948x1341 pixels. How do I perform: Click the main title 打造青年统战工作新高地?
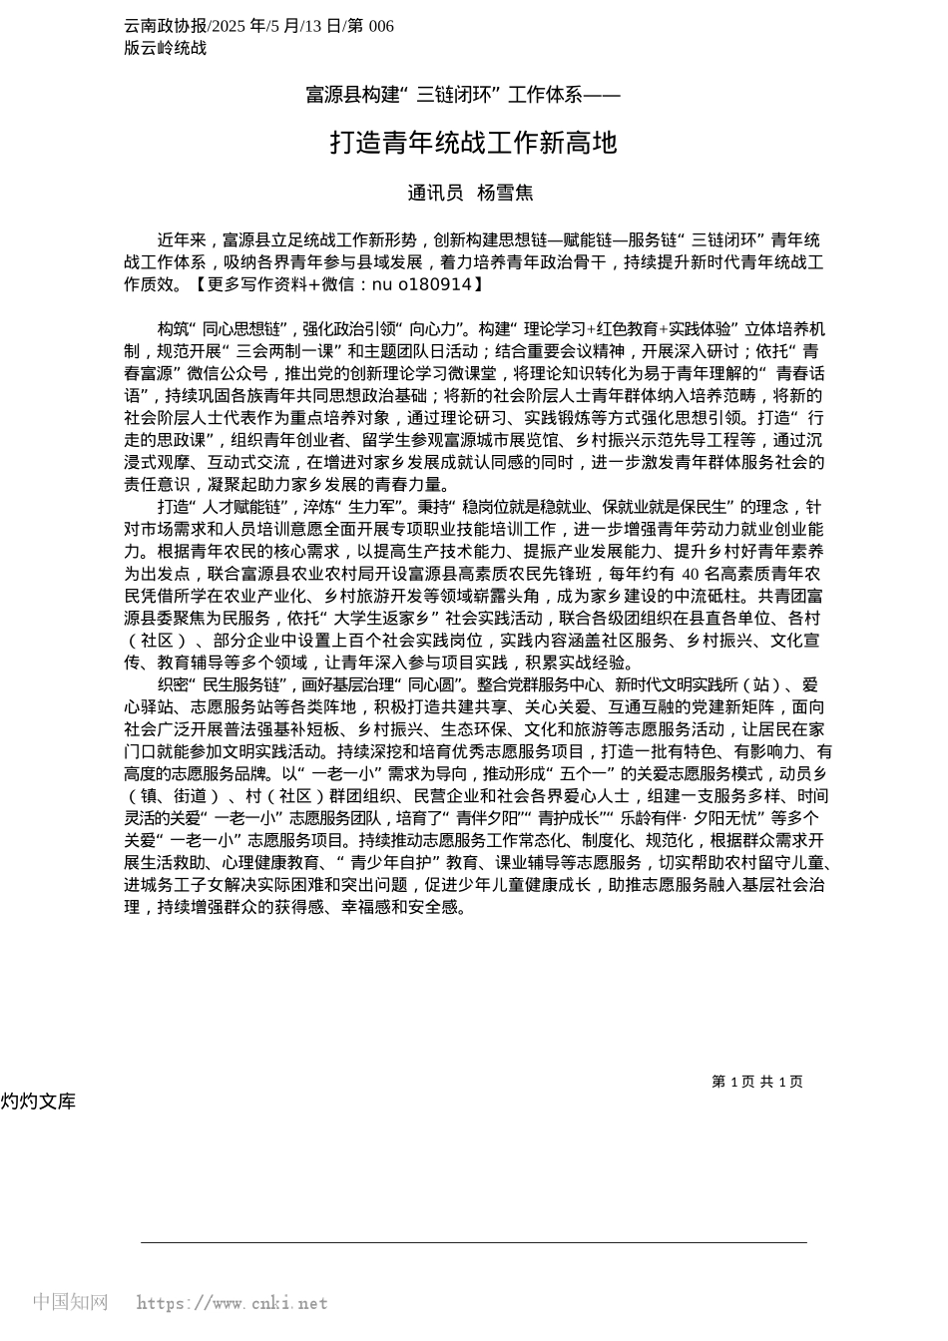tap(474, 144)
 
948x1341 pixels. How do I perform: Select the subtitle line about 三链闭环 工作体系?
tap(462, 96)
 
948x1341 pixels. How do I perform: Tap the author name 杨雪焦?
tap(505, 193)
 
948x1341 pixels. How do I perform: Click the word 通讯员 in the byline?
tap(435, 193)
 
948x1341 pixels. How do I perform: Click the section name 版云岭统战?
tap(166, 47)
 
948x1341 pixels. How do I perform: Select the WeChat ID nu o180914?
tap(420, 284)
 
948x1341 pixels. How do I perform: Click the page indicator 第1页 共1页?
tap(757, 1082)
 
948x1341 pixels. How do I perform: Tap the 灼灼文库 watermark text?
tap(38, 1102)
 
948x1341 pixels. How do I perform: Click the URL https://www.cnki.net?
tap(231, 1303)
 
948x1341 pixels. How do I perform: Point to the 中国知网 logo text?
tap(70, 1302)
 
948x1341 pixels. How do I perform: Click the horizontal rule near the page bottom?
tap(474, 1242)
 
